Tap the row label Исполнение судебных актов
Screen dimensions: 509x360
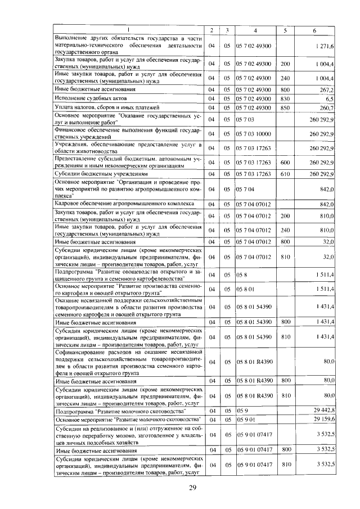point(84,98)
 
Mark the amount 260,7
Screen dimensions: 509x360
point(327,107)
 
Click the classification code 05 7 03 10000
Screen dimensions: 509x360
point(255,133)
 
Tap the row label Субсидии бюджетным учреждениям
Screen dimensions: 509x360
point(95,173)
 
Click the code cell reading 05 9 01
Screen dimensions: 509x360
point(246,420)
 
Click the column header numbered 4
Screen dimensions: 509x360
point(255,29)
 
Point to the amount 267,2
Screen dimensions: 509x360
point(327,89)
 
